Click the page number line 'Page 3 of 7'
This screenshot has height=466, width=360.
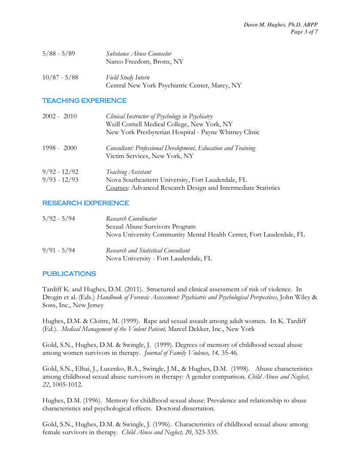pyautogui.click(x=304, y=32)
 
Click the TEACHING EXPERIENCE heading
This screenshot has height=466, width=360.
pyautogui.click(x=84, y=101)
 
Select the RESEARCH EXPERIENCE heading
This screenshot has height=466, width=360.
pyautogui.click(x=86, y=203)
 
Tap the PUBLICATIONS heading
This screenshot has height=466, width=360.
pyautogui.click(x=69, y=274)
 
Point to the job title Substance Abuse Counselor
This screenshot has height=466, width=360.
pyautogui.click(x=139, y=54)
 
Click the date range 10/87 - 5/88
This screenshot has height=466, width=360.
pyautogui.click(x=60, y=78)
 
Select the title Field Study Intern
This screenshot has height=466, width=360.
pyautogui.click(x=127, y=78)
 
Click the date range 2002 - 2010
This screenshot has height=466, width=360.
pyautogui.click(x=60, y=116)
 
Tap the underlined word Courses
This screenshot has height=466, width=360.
pyautogui.click(x=117, y=188)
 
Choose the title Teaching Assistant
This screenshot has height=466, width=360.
pyautogui.click(x=128, y=172)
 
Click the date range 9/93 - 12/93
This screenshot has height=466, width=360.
pyautogui.click(x=60, y=180)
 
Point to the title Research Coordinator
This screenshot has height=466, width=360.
pyautogui.click(x=131, y=219)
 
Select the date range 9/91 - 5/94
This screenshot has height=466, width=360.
pyautogui.click(x=59, y=251)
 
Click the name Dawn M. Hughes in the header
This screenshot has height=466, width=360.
pyautogui.click(x=264, y=25)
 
